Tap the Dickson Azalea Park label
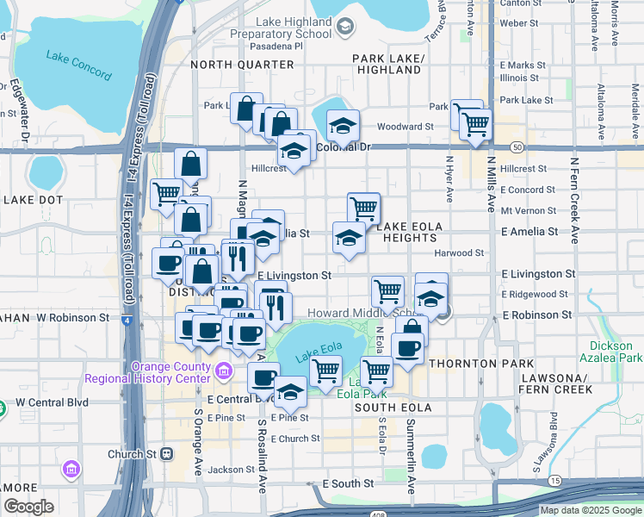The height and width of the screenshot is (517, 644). (618, 351)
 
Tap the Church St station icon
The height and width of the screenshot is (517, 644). (167, 453)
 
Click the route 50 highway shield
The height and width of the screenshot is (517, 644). (516, 147)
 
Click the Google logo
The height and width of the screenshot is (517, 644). (28, 507)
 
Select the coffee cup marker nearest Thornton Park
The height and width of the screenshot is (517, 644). (409, 347)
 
